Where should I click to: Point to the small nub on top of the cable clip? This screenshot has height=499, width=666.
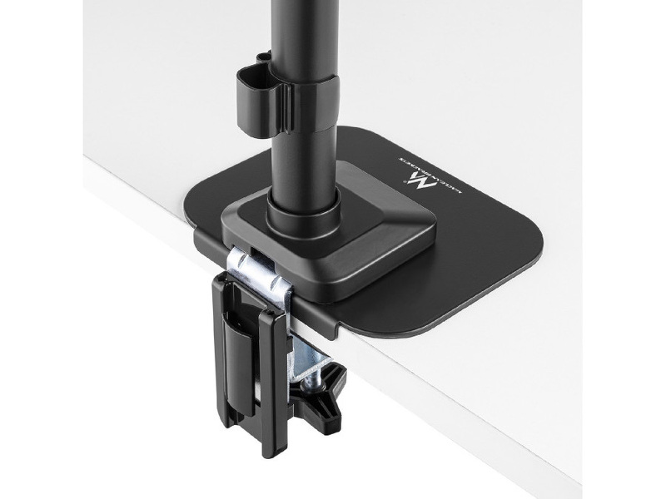click(x=264, y=57)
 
